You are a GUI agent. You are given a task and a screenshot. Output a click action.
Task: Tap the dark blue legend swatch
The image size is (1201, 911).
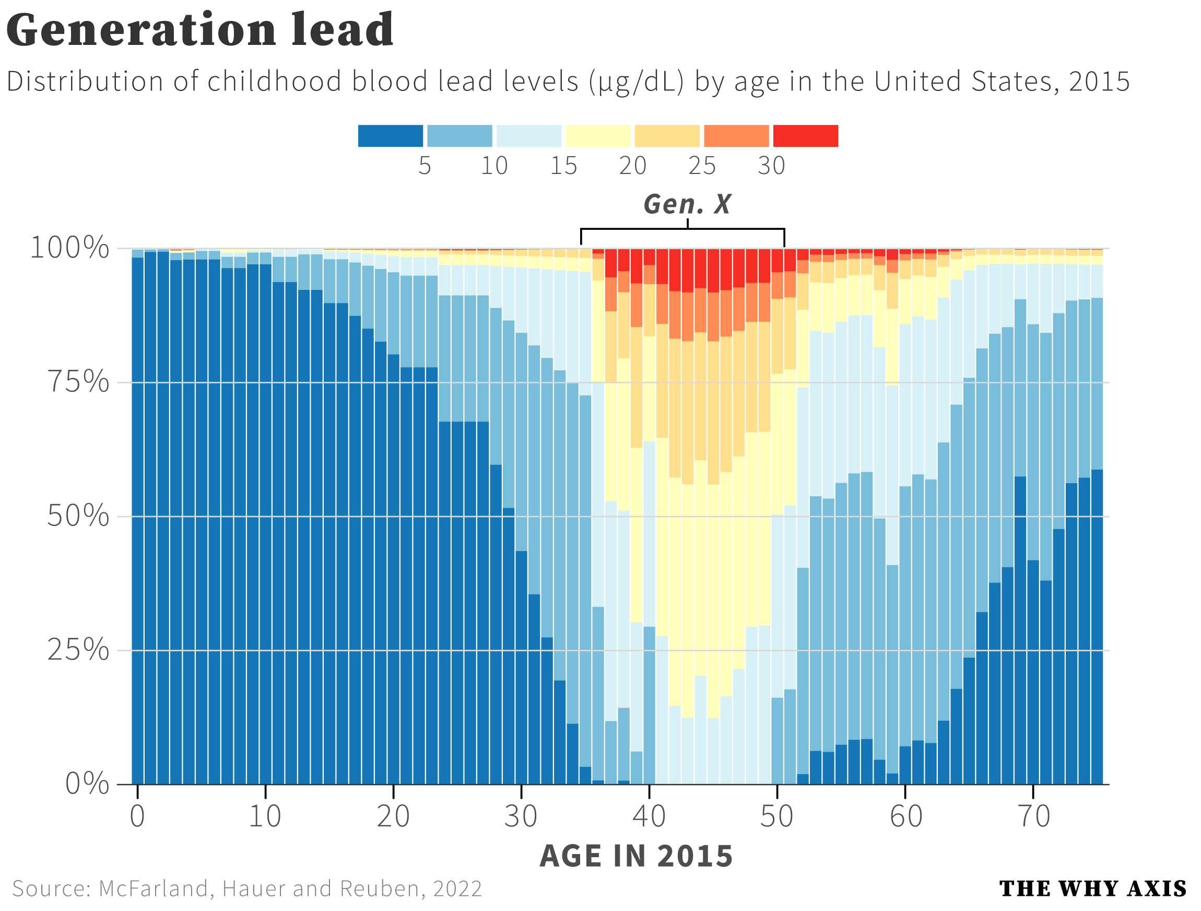point(391,136)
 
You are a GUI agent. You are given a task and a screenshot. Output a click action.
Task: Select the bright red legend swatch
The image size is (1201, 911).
point(805,136)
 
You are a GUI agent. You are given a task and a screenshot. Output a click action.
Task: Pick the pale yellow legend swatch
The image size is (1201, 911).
point(598,136)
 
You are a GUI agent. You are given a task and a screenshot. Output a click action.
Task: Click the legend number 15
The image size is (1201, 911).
point(563,166)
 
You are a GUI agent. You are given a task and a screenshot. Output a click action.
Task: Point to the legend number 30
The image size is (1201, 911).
point(771,166)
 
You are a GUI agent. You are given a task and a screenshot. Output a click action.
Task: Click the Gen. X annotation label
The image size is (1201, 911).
point(687,205)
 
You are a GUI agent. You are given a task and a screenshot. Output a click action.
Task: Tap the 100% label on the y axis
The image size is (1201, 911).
point(69,248)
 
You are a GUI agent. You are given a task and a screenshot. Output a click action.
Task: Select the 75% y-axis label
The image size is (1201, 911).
point(78,382)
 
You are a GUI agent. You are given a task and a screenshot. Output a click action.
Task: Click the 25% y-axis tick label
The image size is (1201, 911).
point(78,650)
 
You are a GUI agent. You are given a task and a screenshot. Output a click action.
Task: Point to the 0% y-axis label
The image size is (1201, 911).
point(87,784)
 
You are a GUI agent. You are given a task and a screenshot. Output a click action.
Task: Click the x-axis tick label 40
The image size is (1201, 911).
point(649,816)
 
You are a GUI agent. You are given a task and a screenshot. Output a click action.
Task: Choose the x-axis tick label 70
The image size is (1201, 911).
point(1033,816)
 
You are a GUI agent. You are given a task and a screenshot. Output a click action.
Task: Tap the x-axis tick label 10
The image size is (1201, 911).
point(265,816)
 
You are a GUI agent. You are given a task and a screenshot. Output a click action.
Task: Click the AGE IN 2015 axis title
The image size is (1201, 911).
point(636,857)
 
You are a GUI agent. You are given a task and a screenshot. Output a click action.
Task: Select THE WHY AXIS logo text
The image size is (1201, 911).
point(1092,889)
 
